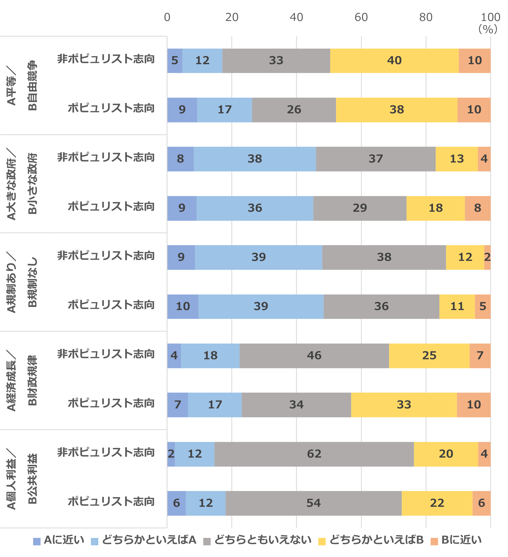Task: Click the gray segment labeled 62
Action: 314,454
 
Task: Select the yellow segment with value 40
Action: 394,61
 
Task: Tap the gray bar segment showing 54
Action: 313,503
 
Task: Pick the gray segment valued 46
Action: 314,356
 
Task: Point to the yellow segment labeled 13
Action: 457,159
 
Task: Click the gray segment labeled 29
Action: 360,208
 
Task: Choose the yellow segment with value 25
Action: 429,356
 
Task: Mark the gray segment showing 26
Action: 294,110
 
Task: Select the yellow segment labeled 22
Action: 437,503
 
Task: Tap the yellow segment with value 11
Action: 457,306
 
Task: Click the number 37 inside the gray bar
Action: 376,159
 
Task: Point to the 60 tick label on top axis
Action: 361,18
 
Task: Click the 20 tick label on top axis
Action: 232,18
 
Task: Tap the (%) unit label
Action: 488,29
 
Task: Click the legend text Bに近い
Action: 461,540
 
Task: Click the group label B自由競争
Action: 32,85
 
